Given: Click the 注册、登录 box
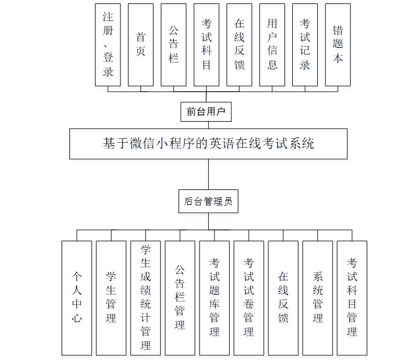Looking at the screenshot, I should [107, 44].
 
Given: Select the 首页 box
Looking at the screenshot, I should [140, 44].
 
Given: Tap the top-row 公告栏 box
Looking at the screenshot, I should [173, 44].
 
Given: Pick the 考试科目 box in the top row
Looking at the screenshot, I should [206, 44].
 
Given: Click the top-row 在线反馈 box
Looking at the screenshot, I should [239, 44].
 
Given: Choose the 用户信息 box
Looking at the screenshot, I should [272, 44].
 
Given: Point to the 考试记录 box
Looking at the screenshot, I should [305, 44].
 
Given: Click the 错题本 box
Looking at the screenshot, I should [338, 44].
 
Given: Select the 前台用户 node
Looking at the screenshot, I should [206, 112].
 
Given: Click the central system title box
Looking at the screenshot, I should [208, 143].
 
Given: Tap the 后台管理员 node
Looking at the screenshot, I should [208, 201].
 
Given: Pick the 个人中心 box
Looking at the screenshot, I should [77, 297].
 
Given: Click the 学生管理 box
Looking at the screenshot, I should [111, 297].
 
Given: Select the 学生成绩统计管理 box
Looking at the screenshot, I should [146, 297].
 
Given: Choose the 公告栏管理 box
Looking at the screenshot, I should [180, 297].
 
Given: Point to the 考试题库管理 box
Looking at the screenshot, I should [214, 297].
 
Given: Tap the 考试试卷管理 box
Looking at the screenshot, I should [248, 297].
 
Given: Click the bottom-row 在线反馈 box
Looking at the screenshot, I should [283, 297].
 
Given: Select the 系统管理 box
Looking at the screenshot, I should [317, 297].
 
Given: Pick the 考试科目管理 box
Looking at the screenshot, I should [352, 297].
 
